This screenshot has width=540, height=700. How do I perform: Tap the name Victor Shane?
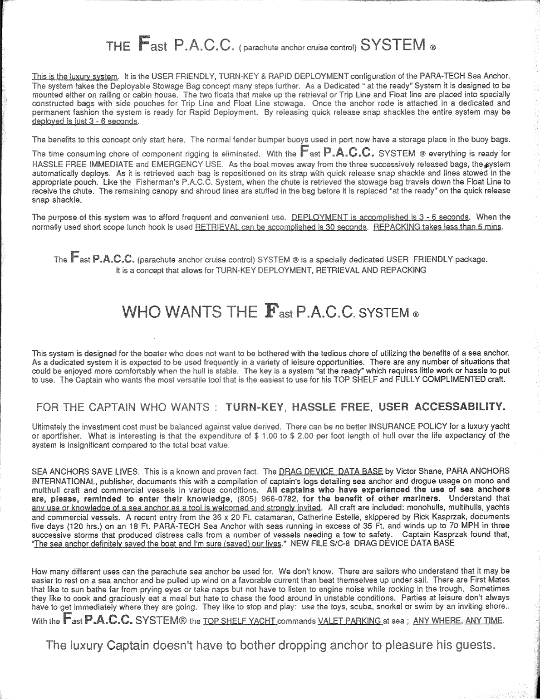pos(418,471)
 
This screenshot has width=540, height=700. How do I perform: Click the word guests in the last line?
pos(471,645)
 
